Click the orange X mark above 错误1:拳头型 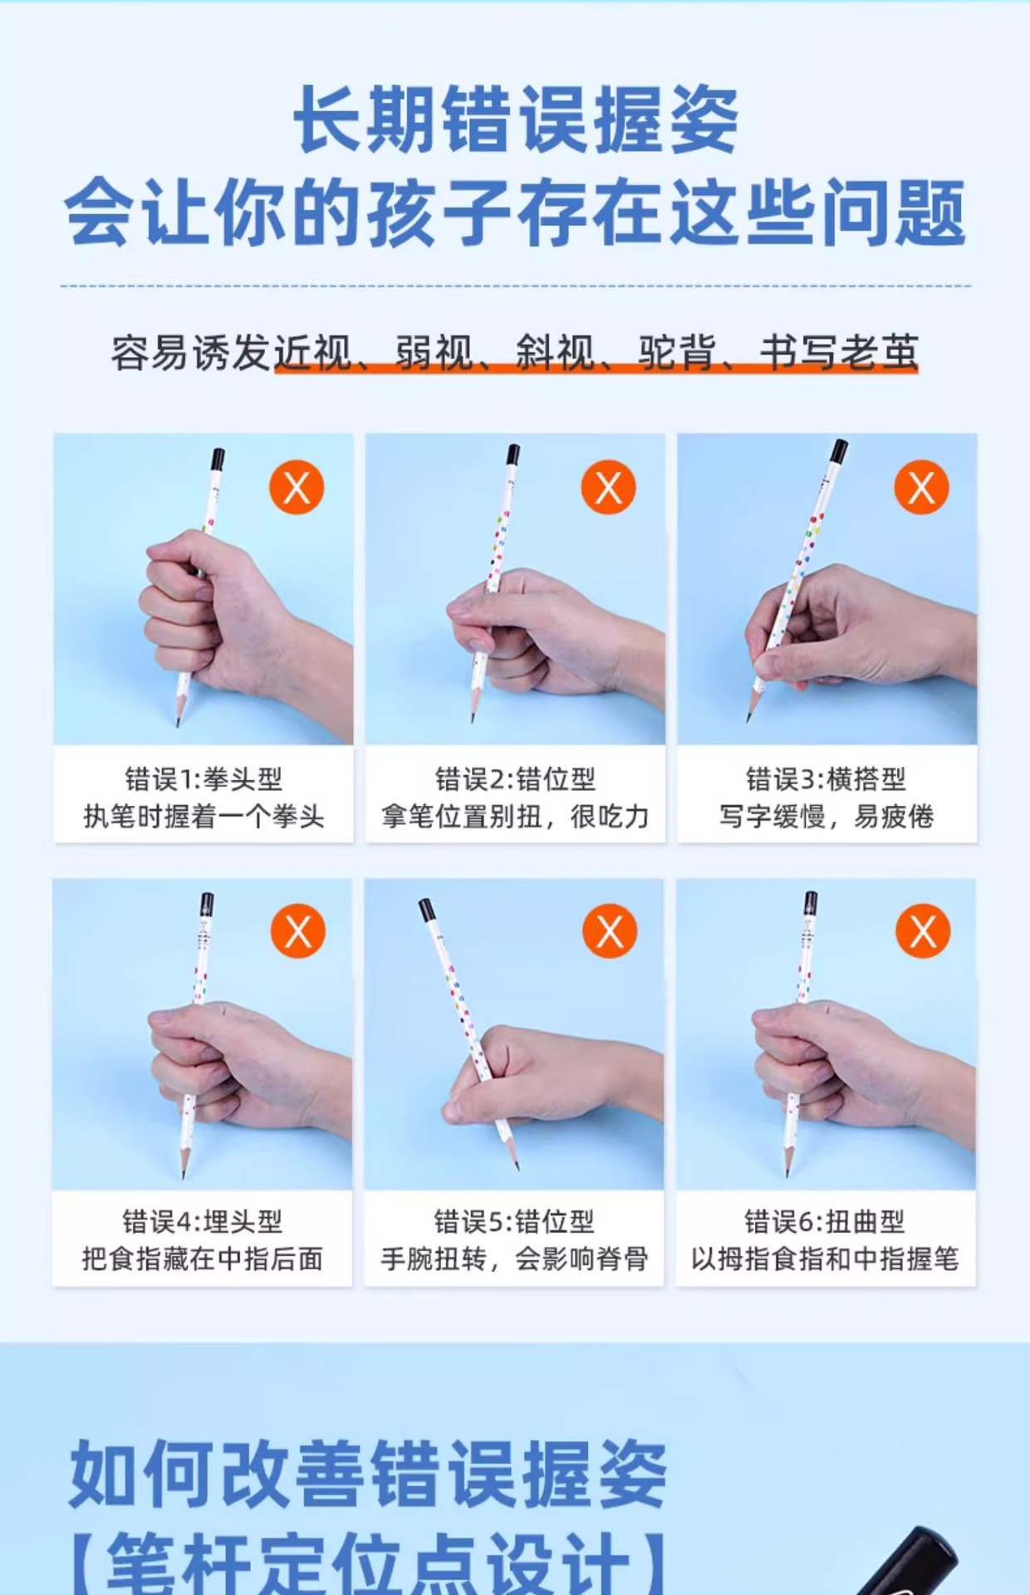(297, 487)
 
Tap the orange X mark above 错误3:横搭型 (921, 487)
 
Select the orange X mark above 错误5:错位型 (610, 931)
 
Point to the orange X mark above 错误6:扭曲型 (923, 931)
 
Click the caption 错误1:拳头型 (204, 779)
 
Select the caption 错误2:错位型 (516, 779)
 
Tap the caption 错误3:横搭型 (826, 779)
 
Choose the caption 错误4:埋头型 (203, 1222)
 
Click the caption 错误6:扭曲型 (825, 1222)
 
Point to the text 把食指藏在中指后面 (203, 1259)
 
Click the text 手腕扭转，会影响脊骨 (515, 1259)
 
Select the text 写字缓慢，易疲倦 (826, 817)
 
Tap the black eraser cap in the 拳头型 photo (218, 459)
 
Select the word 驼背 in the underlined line (677, 352)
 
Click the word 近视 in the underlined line (313, 352)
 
